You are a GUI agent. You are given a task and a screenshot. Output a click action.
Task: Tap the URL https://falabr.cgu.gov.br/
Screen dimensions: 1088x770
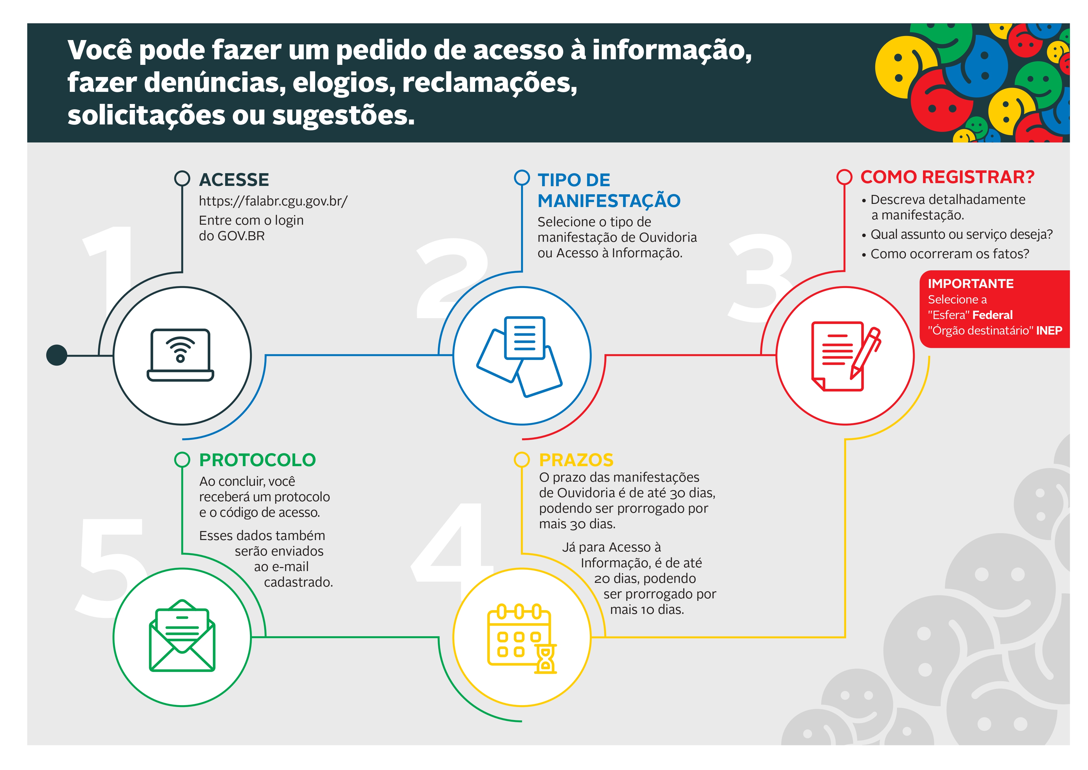pos(273,201)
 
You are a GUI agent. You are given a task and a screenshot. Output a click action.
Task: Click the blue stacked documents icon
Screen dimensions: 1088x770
pos(519,356)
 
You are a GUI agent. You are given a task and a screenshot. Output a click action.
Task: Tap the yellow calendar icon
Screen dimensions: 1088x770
pos(522,638)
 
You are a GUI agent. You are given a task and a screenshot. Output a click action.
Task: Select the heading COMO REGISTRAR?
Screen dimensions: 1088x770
pos(947,177)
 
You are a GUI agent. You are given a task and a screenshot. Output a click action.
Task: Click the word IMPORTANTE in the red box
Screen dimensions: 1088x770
pos(970,284)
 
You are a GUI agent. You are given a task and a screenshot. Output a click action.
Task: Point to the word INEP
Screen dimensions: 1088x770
pos(1049,331)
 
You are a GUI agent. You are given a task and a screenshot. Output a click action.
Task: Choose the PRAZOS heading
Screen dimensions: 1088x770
pos(576,460)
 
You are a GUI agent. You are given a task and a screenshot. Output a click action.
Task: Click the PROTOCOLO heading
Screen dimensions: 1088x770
pos(257,460)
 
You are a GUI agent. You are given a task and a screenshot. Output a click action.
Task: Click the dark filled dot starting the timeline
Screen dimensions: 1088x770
pos(56,355)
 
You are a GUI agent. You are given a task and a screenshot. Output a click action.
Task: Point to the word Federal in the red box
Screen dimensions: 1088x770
pos(992,315)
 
